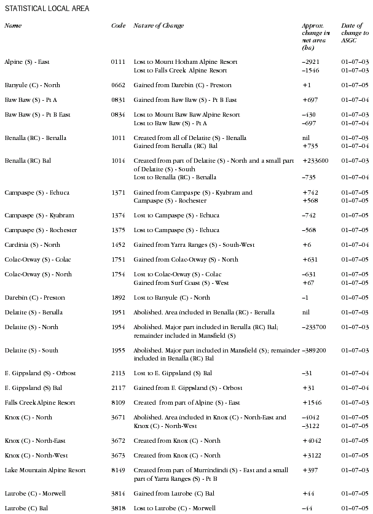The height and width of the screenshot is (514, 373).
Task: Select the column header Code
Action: (x=118, y=26)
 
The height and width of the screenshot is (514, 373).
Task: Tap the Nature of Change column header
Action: (x=159, y=26)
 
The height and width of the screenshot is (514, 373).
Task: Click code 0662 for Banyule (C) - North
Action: (x=118, y=85)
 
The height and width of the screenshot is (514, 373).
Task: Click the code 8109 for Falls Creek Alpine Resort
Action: (x=118, y=403)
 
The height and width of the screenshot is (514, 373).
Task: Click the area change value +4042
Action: (x=313, y=441)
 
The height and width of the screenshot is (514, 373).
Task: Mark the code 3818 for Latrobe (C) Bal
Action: (x=118, y=508)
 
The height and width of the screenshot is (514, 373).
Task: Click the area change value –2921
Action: (x=313, y=62)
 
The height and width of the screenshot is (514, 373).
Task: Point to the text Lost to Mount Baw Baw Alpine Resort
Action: (x=187, y=115)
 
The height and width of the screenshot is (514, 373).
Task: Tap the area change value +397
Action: (x=311, y=470)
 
